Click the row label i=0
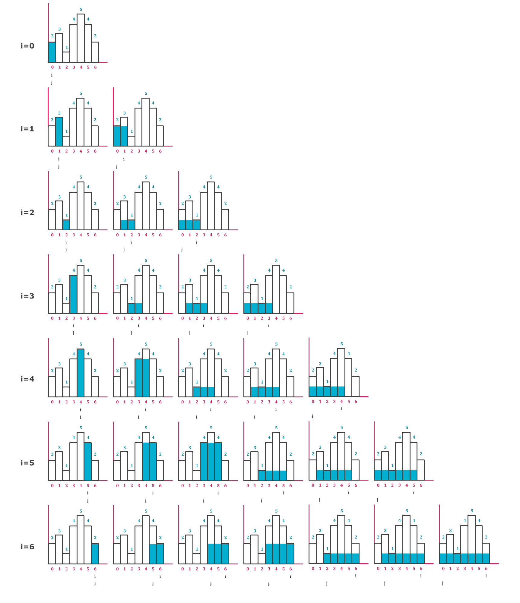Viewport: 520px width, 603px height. pos(27,46)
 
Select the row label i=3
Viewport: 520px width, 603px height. pos(27,296)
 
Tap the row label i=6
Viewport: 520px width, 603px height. pos(27,547)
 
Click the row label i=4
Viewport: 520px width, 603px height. pos(27,379)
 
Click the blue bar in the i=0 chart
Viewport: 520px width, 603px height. pos(52,52)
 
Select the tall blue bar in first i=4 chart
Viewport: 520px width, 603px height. pos(81,373)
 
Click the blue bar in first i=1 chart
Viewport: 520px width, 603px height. pos(59,131)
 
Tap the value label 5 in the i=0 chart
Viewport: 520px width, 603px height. pos(81,9)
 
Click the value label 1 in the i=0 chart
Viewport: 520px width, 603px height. pos(67,47)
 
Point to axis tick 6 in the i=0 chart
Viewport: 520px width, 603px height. pos(95,67)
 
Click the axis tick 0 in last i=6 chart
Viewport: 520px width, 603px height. pos(443,568)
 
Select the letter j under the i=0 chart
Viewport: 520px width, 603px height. pos(52,82)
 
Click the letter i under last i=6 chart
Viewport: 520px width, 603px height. pos(486,576)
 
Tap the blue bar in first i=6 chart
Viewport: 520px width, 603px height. pos(95,554)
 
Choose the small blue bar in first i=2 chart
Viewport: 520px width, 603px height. pos(66,225)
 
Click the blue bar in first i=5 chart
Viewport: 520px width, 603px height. pos(88,461)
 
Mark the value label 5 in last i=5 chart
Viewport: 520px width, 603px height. pos(407,428)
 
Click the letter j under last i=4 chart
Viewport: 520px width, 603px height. pos(312,416)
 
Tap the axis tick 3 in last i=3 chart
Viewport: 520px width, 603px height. pos(269,318)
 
